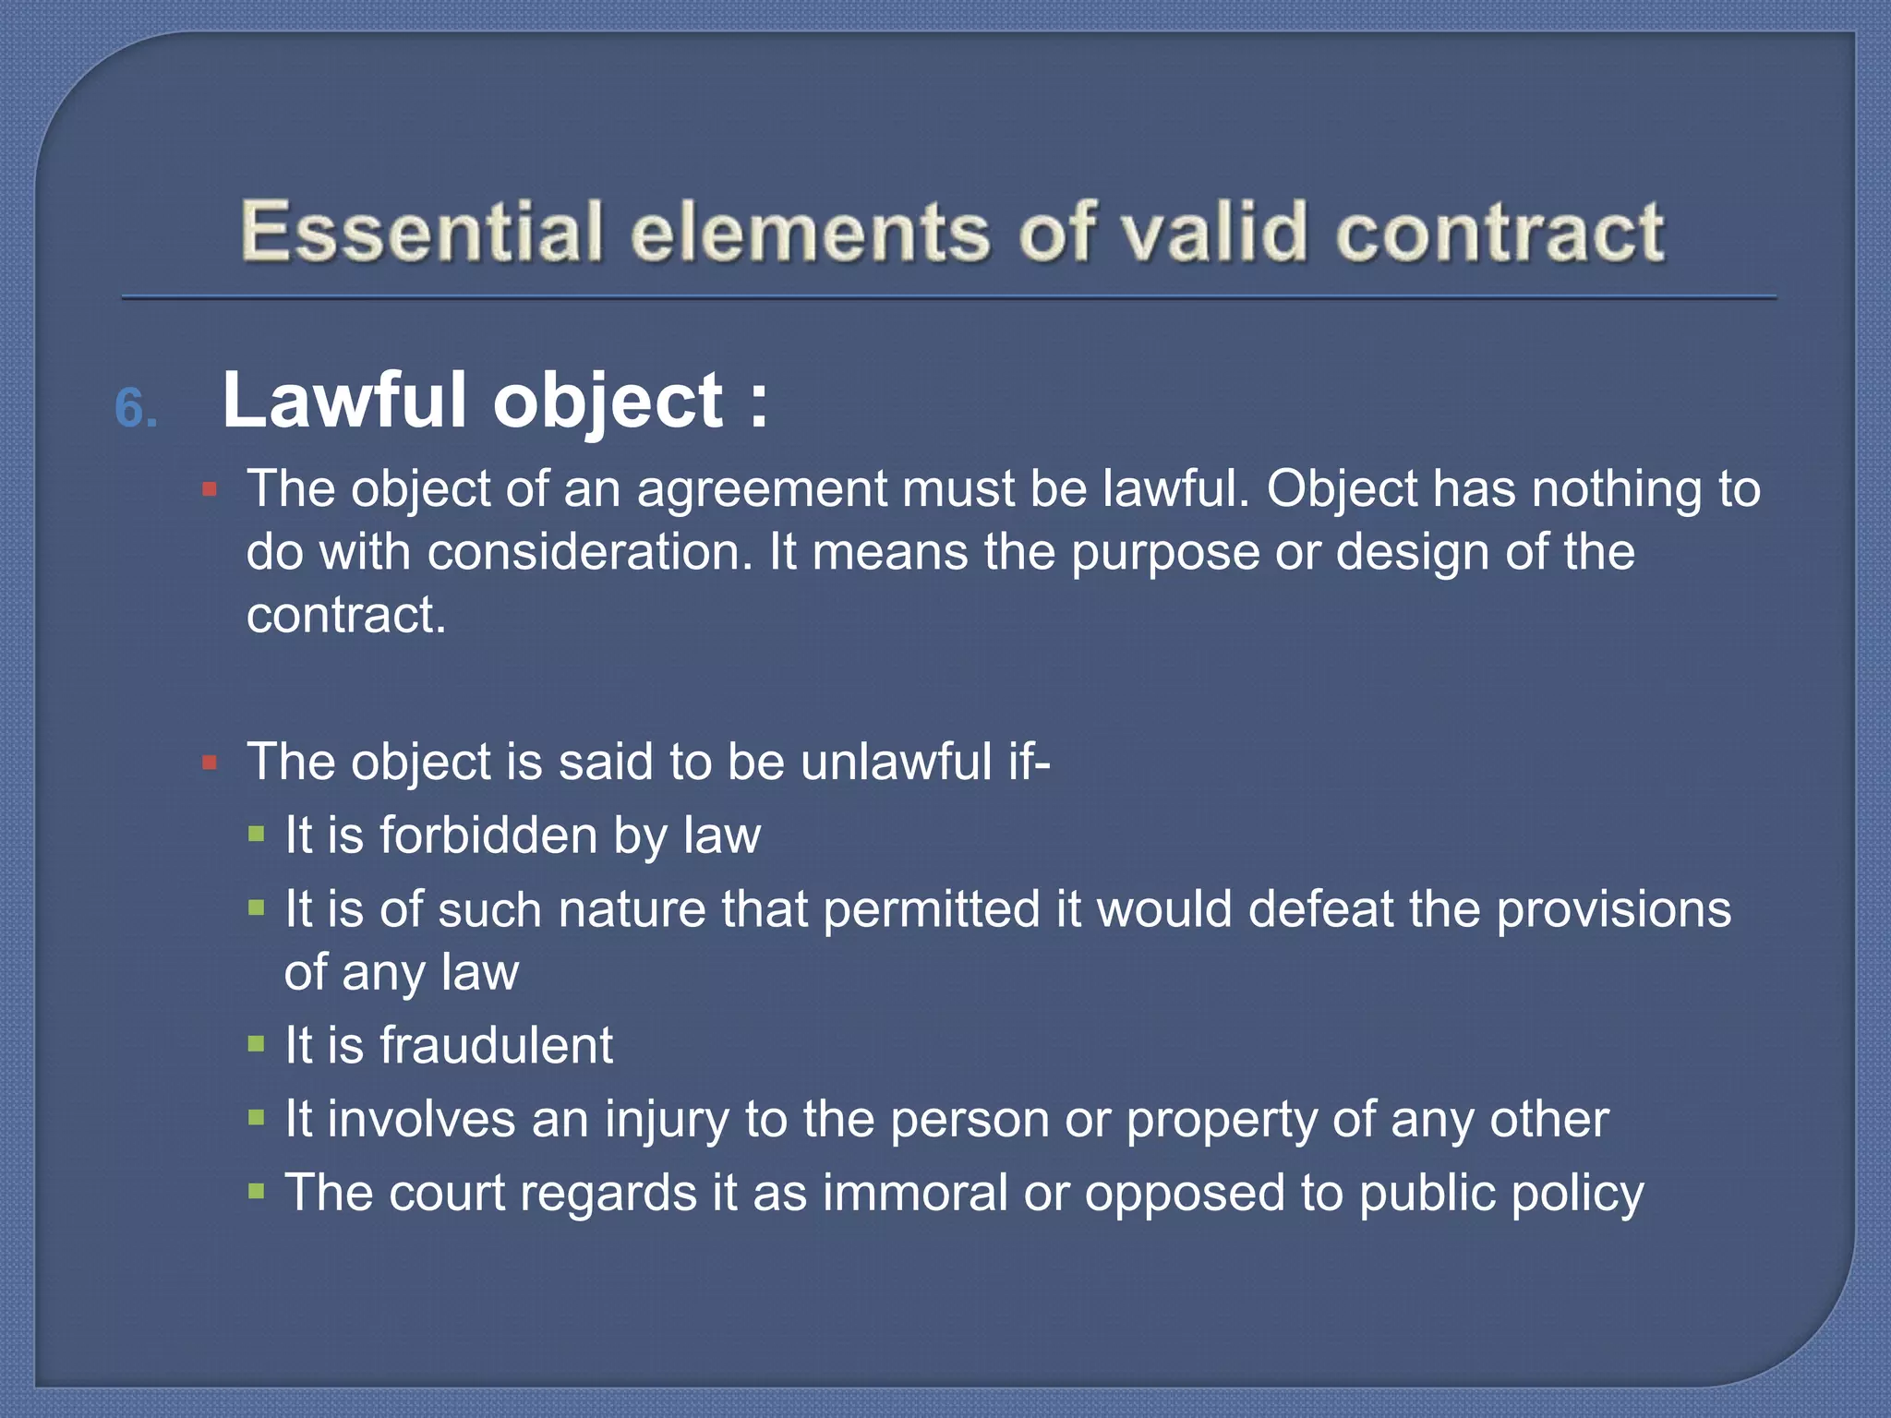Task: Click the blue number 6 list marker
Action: (x=135, y=408)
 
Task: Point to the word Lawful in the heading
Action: (x=344, y=401)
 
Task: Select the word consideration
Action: (x=590, y=552)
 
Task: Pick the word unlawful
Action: (x=896, y=763)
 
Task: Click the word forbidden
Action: (x=488, y=835)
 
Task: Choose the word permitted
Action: (x=931, y=909)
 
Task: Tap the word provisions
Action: (x=1613, y=909)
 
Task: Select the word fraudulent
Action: (x=496, y=1045)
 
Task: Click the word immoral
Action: (x=915, y=1193)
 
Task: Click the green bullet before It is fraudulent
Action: (x=257, y=1045)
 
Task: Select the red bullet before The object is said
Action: (x=210, y=763)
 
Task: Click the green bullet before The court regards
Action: (x=257, y=1192)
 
